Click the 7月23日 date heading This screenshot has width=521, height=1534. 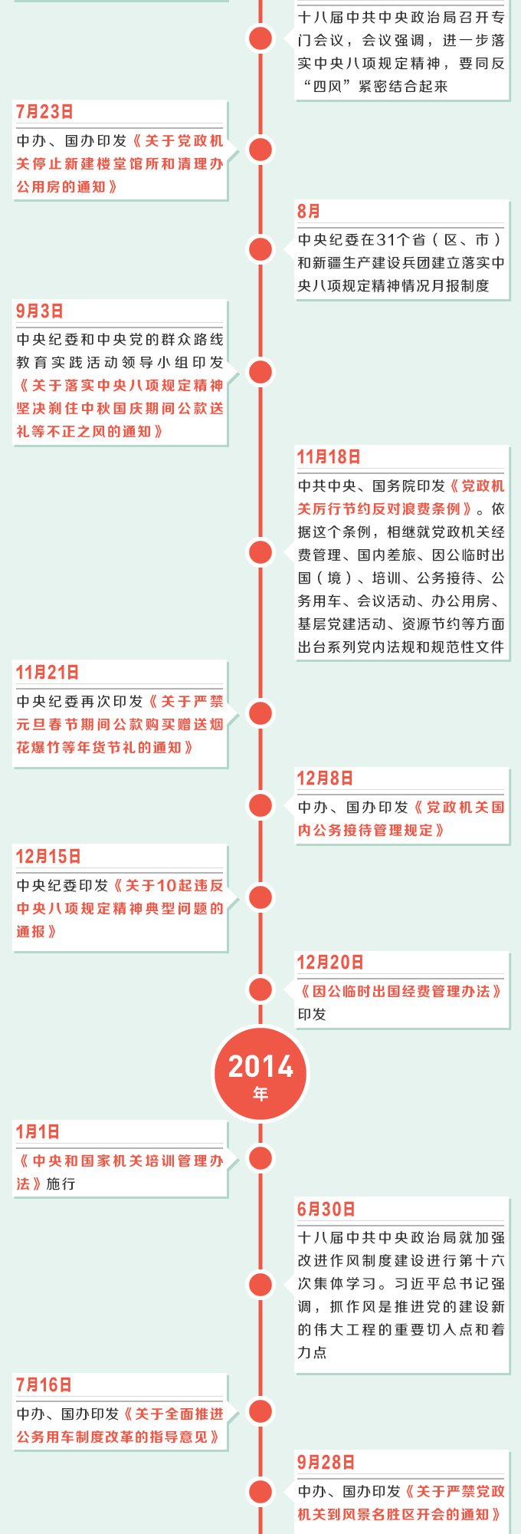(x=44, y=112)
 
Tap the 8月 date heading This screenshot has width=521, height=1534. (x=309, y=211)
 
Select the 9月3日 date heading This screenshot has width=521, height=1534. (x=40, y=311)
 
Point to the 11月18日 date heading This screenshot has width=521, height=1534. (x=329, y=457)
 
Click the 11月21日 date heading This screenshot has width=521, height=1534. (x=48, y=673)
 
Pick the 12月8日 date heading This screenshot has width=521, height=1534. (x=325, y=779)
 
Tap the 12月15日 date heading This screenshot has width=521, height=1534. (x=48, y=857)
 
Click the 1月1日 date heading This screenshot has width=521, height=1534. (x=38, y=1132)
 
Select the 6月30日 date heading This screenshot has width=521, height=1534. (x=326, y=1210)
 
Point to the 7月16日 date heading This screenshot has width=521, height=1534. (x=44, y=1385)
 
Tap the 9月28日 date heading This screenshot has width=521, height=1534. (x=326, y=1463)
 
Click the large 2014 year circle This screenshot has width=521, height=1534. (x=260, y=1073)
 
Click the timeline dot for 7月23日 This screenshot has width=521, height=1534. (x=260, y=150)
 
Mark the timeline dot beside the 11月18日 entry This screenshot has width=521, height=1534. (x=260, y=552)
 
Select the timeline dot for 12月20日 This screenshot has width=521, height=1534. (x=260, y=989)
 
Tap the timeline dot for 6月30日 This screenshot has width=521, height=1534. (x=260, y=1285)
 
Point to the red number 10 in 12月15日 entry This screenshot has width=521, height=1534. (x=166, y=886)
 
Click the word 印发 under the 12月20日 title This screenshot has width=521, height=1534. (x=312, y=1015)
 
